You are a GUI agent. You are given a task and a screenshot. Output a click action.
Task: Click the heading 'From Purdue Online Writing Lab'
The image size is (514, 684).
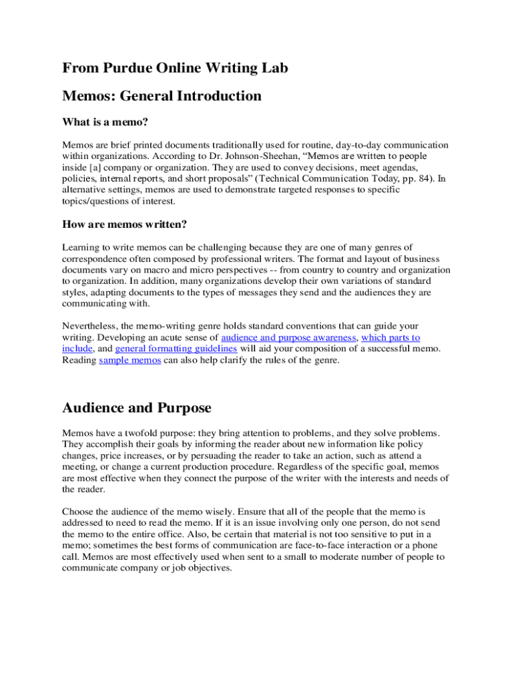point(175,68)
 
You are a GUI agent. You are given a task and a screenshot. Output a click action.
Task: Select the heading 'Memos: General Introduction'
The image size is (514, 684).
point(162,96)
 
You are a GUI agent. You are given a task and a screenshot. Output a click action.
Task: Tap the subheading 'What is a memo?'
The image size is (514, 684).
point(105,122)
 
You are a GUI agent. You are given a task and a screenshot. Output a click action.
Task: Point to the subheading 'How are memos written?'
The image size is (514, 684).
point(124,224)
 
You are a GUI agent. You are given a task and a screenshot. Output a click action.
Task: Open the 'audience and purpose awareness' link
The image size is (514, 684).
point(288,338)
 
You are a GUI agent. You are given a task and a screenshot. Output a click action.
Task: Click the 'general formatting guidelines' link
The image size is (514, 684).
point(176,349)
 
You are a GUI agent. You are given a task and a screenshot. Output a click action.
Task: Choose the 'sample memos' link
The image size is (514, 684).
point(130,360)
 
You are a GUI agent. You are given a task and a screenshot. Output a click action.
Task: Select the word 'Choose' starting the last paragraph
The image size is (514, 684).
point(77,512)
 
